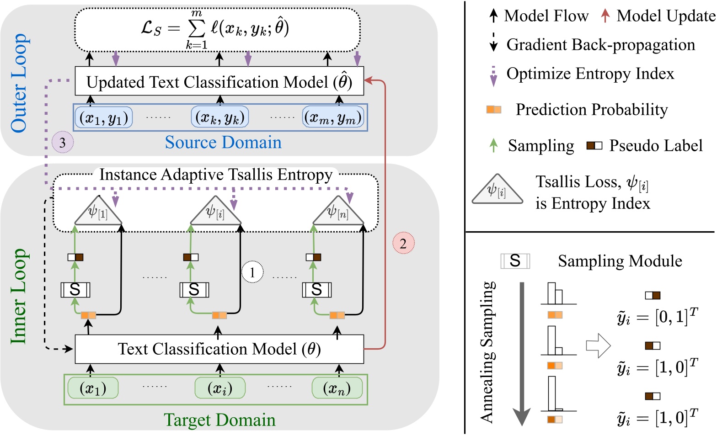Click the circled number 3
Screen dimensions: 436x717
pos(63,143)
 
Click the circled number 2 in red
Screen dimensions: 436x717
pos(403,243)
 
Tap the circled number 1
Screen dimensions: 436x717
pos(252,272)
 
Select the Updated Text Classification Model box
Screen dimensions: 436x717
pos(219,82)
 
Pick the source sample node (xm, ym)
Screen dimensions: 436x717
pos(333,118)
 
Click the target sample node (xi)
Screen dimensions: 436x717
pos(220,388)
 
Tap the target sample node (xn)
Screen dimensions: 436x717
pos(337,388)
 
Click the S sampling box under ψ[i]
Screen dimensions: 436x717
pos(194,290)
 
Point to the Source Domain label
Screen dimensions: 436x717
pos(223,143)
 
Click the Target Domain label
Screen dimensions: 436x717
pos(219,420)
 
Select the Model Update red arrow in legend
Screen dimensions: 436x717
pos(605,16)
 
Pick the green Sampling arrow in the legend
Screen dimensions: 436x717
pos(493,145)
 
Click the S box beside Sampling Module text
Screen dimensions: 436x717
pos(515,261)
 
